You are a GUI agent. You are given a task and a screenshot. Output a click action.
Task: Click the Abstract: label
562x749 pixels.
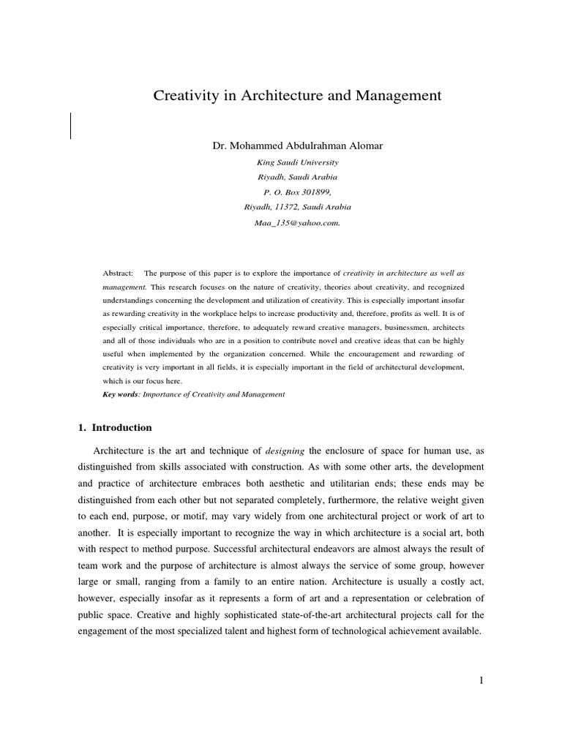point(118,273)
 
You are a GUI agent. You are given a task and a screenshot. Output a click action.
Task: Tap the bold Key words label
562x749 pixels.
point(120,394)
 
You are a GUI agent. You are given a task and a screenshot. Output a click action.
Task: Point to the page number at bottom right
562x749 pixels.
point(482,680)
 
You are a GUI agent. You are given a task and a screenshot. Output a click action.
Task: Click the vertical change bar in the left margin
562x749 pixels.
point(71,126)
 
